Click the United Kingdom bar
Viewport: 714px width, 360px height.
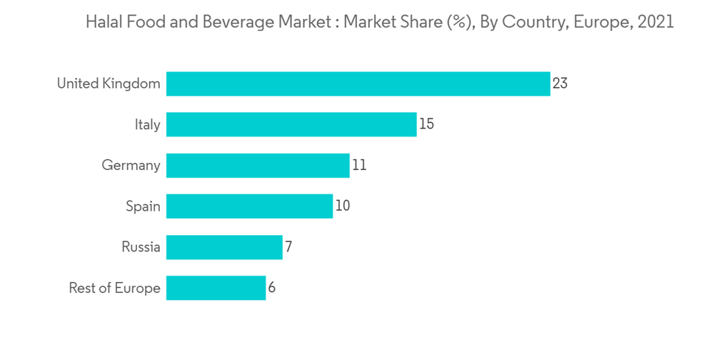click(358, 84)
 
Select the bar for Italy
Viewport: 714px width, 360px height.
click(291, 124)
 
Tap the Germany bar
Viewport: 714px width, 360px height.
click(258, 166)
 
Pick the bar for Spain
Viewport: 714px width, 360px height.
click(249, 206)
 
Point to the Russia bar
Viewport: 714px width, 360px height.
click(224, 248)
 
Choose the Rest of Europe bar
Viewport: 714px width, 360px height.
click(216, 289)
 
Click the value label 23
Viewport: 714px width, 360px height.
click(560, 84)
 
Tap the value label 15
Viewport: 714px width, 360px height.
click(426, 124)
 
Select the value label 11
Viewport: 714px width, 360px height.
click(359, 166)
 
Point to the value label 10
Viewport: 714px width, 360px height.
click(343, 206)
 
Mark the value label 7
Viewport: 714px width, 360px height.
click(288, 248)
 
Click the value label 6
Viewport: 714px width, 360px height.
click(272, 289)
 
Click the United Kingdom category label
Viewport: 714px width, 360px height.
click(109, 84)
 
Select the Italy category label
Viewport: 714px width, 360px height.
click(147, 124)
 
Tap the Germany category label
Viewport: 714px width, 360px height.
click(131, 166)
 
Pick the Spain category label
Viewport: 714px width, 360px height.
click(143, 206)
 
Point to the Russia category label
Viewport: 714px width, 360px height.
click(141, 248)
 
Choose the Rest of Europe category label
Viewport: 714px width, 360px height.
click(114, 289)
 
